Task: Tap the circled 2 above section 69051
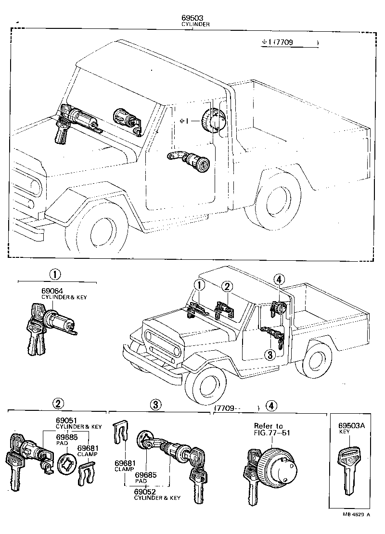[58, 404]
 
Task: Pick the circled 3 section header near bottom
[155, 405]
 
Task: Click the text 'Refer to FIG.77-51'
[269, 429]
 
